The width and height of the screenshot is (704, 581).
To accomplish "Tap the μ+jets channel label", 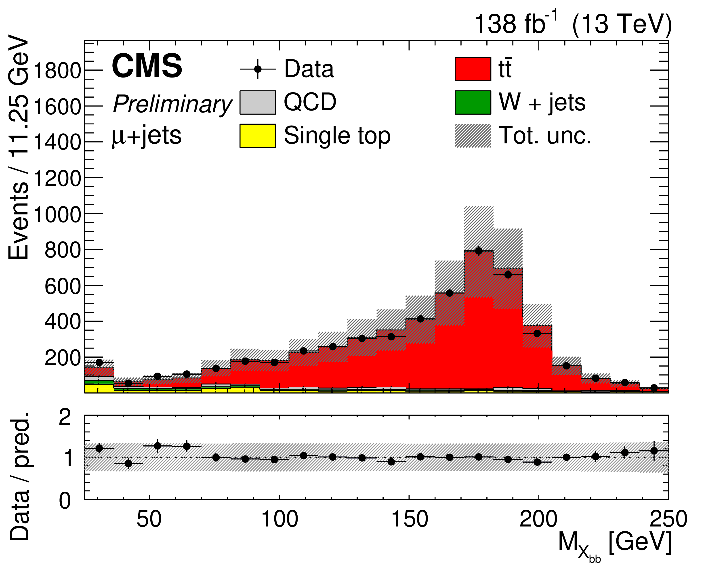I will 146,136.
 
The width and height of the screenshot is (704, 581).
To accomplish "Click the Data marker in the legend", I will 257,69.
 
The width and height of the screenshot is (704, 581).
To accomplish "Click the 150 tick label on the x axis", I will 409,519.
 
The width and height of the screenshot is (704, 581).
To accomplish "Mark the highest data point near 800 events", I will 479,251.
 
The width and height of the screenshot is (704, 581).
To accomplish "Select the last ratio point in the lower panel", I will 654,451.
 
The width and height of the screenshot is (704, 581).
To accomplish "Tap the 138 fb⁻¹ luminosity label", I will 515,24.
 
